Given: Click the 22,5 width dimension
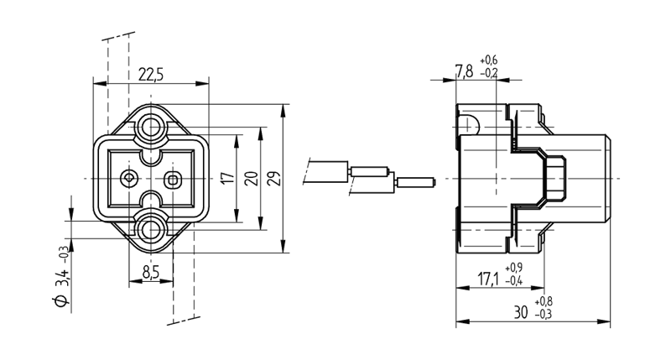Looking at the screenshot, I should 151,75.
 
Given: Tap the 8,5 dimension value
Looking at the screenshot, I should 151,272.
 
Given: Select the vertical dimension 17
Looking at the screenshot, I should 225,178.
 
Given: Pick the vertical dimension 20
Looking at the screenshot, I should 249,178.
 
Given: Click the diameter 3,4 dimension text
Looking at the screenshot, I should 61,276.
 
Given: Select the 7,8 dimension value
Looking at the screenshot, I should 464,70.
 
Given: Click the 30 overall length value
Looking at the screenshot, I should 521,312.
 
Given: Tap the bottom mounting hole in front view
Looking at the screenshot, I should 152,227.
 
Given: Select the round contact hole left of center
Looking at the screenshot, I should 129,178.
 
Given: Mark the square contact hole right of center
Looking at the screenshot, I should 174,178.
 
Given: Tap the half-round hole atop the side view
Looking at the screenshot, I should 471,124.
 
